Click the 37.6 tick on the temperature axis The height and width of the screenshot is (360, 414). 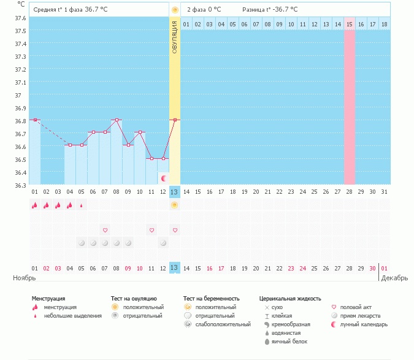click(20, 18)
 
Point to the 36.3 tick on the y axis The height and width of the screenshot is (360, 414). click(20, 186)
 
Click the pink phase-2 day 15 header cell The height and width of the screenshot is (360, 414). click(350, 24)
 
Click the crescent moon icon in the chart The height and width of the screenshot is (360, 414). click(164, 178)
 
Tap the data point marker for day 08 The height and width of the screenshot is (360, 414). click(117, 120)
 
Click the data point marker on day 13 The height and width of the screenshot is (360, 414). click(175, 120)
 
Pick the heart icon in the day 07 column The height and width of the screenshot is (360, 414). click(105, 230)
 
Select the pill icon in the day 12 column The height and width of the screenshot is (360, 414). click(163, 243)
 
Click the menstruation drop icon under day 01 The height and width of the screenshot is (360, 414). click(35, 205)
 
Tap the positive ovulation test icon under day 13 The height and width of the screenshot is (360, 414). click(175, 205)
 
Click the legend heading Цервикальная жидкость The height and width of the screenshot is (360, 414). click(290, 299)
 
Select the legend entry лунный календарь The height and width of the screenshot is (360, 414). click(364, 324)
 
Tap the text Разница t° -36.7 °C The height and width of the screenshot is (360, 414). click(270, 10)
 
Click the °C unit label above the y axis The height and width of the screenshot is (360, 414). click(21, 4)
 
